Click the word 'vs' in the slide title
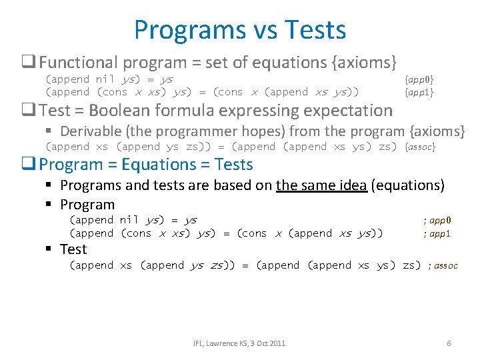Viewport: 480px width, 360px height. (x=259, y=30)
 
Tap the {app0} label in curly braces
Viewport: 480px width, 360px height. (x=419, y=79)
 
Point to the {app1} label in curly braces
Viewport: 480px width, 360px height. (x=419, y=92)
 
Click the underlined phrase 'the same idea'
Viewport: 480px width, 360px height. (x=321, y=186)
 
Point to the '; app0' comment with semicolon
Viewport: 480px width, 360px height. (x=437, y=220)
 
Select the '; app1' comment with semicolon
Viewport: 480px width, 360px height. (x=437, y=233)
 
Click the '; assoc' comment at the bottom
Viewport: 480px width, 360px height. (x=443, y=265)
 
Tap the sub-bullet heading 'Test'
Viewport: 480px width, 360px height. (x=73, y=249)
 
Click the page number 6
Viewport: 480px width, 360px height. (x=449, y=343)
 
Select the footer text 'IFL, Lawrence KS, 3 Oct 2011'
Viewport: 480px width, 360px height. (x=239, y=343)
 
